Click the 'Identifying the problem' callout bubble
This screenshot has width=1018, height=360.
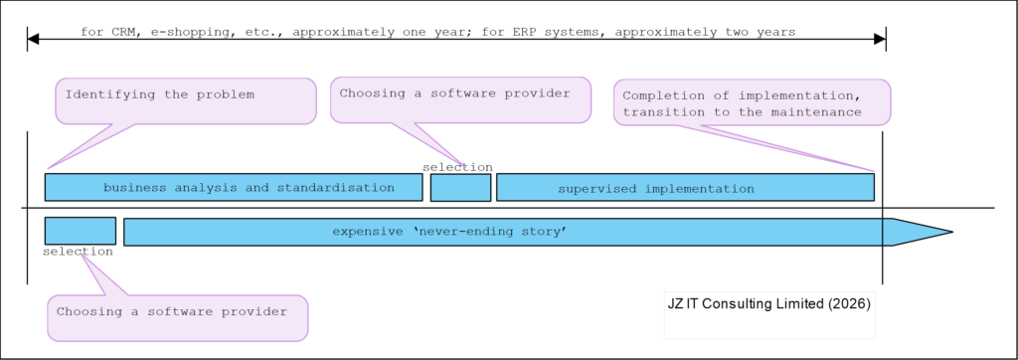tap(186, 100)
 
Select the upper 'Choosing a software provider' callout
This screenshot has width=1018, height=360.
tap(460, 99)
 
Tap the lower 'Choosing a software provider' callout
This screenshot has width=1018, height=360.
tap(177, 318)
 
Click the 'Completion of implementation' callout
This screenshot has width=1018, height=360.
tap(752, 102)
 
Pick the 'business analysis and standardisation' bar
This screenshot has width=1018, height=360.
tap(234, 187)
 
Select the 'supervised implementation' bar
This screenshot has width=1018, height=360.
tap(685, 187)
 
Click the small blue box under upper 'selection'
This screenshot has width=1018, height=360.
tap(460, 188)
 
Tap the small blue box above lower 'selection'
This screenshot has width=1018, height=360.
tap(81, 231)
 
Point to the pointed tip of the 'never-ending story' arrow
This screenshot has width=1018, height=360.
tap(952, 232)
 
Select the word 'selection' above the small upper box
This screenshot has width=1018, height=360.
tap(457, 167)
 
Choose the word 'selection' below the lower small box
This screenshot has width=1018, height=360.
tap(78, 252)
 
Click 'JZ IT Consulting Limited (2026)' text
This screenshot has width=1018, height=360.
tap(768, 303)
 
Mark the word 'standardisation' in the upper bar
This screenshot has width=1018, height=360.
tap(336, 188)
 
